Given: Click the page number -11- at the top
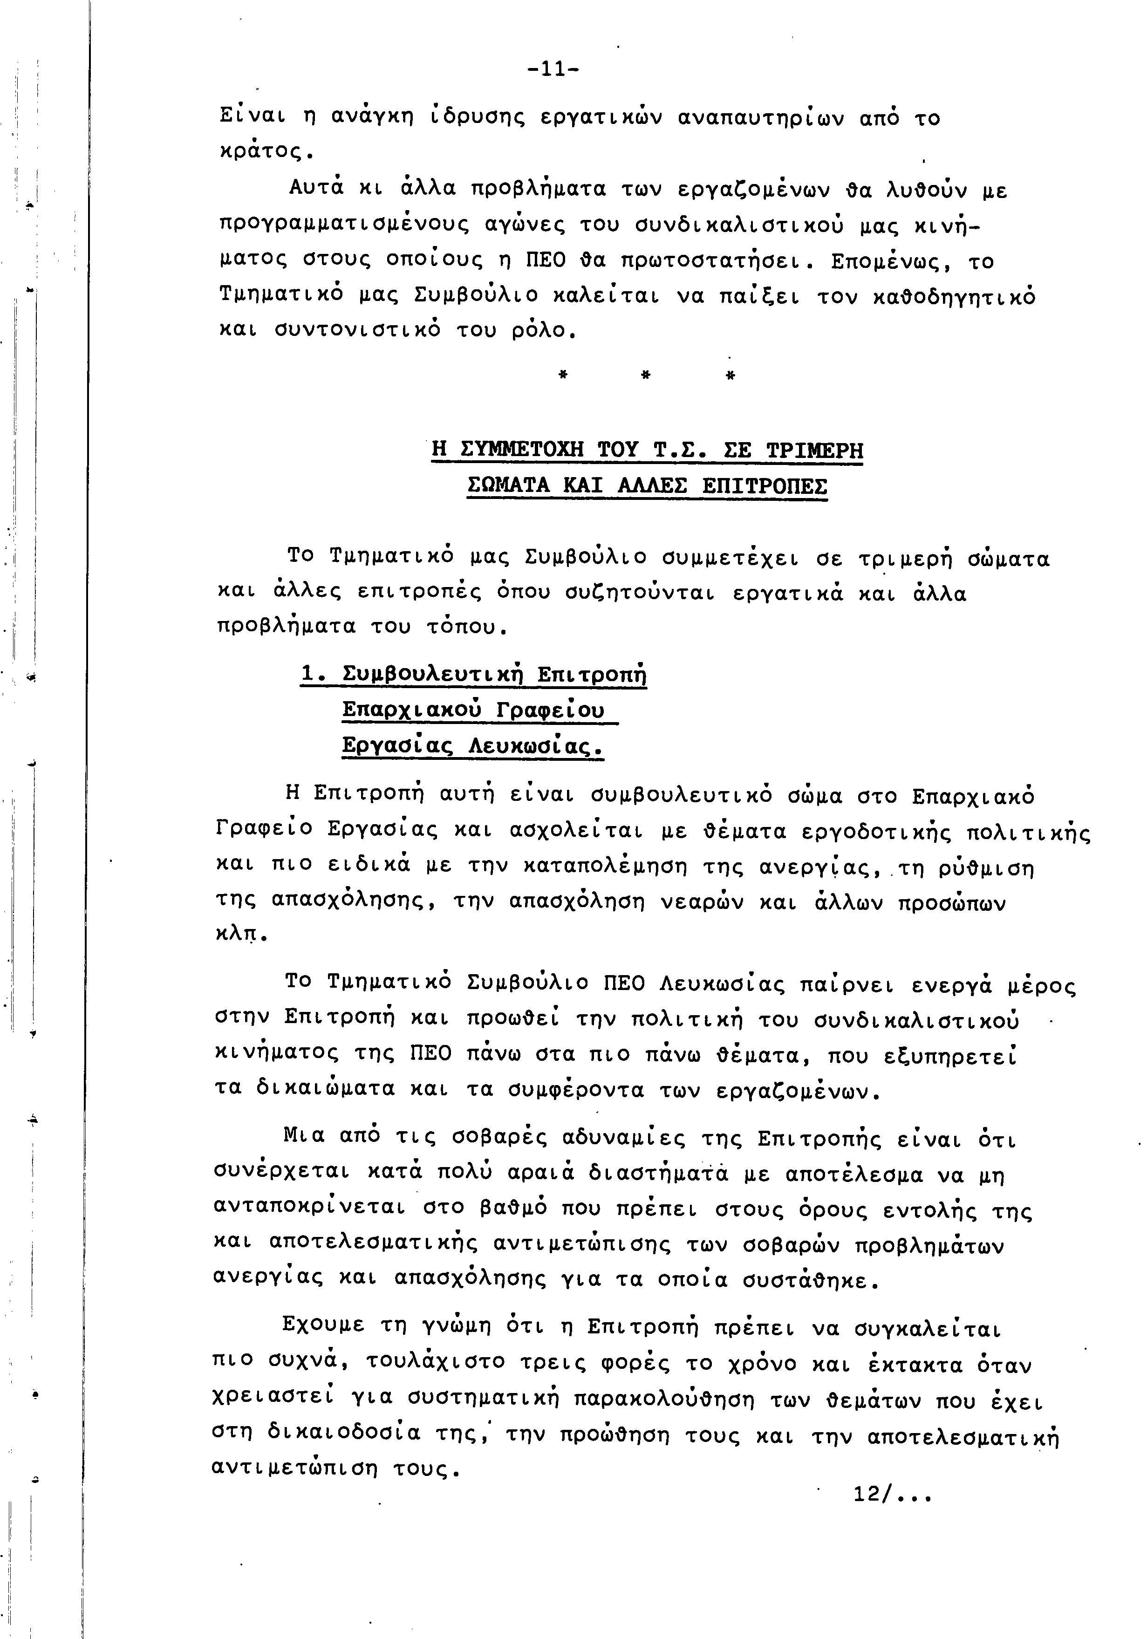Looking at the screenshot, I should (553, 69).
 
